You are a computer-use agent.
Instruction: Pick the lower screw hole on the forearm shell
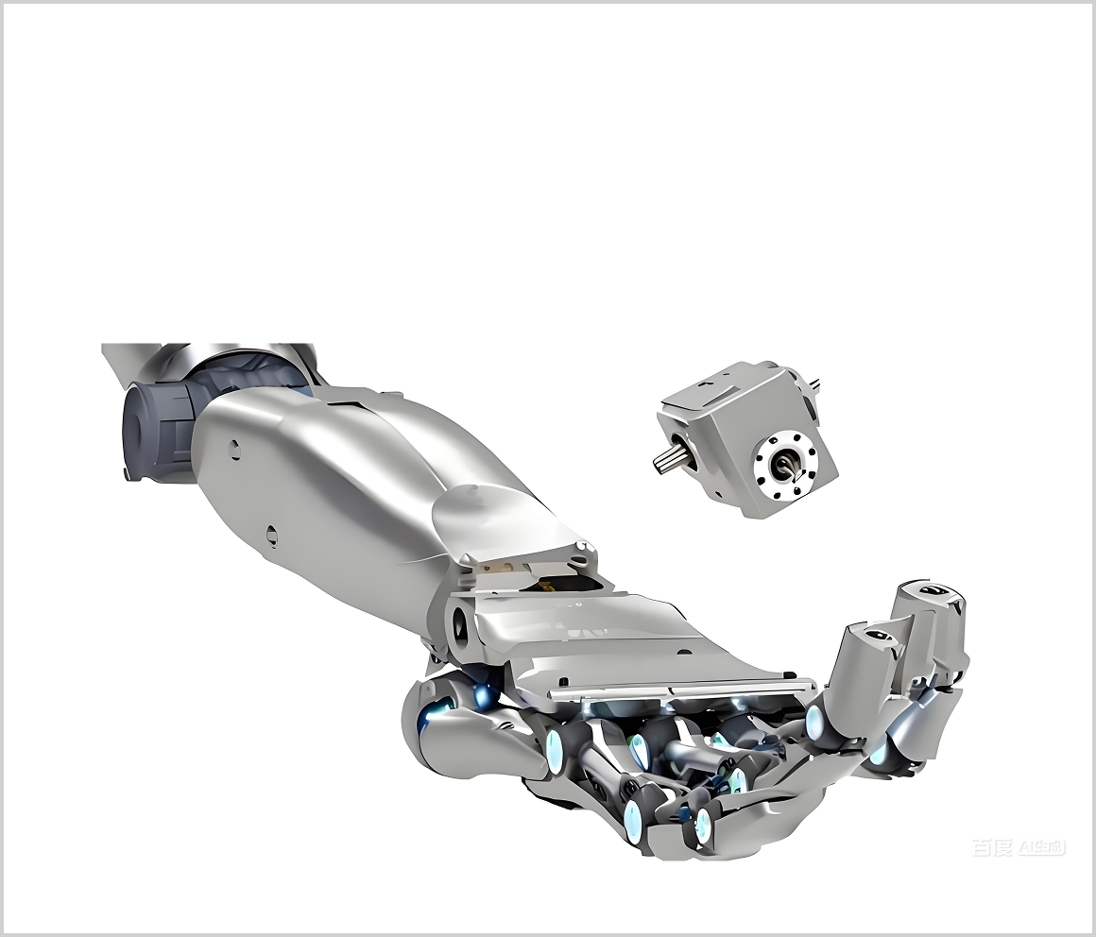(272, 536)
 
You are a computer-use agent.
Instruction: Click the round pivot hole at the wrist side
(461, 622)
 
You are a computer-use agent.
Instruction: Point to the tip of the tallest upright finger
(932, 595)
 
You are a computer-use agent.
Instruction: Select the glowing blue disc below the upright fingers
(815, 724)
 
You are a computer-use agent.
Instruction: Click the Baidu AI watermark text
(1019, 847)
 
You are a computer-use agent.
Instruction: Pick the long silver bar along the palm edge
(680, 690)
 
